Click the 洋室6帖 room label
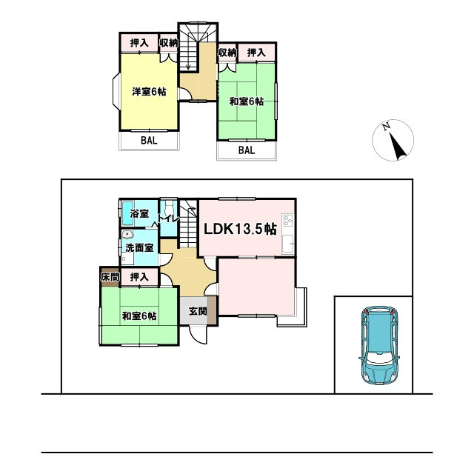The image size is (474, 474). pyautogui.click(x=149, y=92)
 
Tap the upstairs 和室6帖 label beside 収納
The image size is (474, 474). pyautogui.click(x=246, y=101)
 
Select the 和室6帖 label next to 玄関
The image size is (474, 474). pyautogui.click(x=139, y=317)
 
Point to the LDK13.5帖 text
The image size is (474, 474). pyautogui.click(x=240, y=229)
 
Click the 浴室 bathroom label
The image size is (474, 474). pyautogui.click(x=139, y=214)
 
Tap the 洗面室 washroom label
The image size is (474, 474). pyautogui.click(x=138, y=247)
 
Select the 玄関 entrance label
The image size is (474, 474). pyautogui.click(x=197, y=311)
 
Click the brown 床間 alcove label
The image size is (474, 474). pyautogui.click(x=109, y=277)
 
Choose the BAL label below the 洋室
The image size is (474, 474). pyautogui.click(x=149, y=139)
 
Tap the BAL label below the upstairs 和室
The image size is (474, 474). pyautogui.click(x=246, y=150)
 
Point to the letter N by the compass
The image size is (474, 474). pyautogui.click(x=386, y=127)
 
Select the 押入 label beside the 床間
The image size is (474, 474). pyautogui.click(x=139, y=277)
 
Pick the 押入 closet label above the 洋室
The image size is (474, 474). pyautogui.click(x=139, y=43)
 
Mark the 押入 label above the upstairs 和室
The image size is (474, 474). pyautogui.click(x=256, y=53)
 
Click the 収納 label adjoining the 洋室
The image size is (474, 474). pyautogui.click(x=169, y=43)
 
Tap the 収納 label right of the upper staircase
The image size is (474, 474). pyautogui.click(x=227, y=53)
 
